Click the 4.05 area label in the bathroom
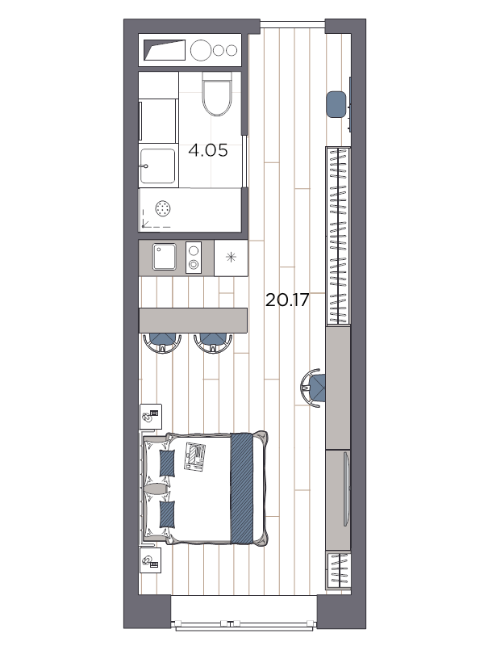point(208,150)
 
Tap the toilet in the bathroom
point(216,94)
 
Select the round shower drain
point(164,208)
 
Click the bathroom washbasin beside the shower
point(157,166)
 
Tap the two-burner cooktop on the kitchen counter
point(194,258)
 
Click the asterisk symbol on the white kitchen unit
point(232,258)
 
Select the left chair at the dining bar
point(164,342)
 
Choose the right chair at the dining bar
point(213,342)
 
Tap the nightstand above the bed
point(151,417)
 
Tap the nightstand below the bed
point(151,560)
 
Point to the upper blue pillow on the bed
point(168,464)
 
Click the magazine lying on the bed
point(195,456)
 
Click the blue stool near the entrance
point(336,104)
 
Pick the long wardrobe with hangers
point(338,236)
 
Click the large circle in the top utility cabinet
point(200,50)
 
